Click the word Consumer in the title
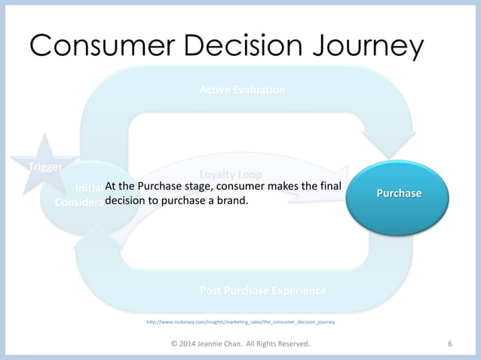(x=98, y=47)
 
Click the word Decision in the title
(x=242, y=47)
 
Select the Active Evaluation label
(x=241, y=90)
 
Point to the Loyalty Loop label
(x=231, y=175)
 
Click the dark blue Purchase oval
(x=399, y=194)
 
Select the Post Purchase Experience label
(x=262, y=291)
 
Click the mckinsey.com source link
(x=240, y=322)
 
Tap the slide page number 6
(x=450, y=344)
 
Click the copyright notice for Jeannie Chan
(x=240, y=344)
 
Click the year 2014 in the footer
(x=192, y=344)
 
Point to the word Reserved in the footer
(x=286, y=344)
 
